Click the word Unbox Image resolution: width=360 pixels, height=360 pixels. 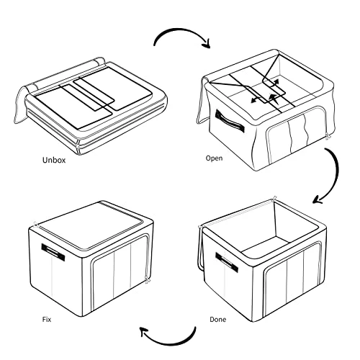(54, 160)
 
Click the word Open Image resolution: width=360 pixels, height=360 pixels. (214, 158)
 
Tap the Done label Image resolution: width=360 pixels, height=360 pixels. (218, 320)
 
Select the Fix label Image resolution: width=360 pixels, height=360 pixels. (47, 320)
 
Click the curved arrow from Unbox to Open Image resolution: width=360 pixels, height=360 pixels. (182, 30)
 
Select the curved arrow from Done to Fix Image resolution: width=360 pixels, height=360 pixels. (168, 343)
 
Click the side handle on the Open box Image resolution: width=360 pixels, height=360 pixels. (230, 121)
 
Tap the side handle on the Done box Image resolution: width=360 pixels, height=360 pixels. (227, 262)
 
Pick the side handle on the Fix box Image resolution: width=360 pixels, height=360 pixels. (53, 253)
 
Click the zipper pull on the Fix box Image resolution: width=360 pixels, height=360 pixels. (147, 280)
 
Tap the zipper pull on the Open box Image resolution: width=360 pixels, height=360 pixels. (328, 136)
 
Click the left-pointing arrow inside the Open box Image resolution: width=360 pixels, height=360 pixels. (258, 99)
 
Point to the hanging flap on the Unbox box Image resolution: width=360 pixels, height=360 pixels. (20, 106)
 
